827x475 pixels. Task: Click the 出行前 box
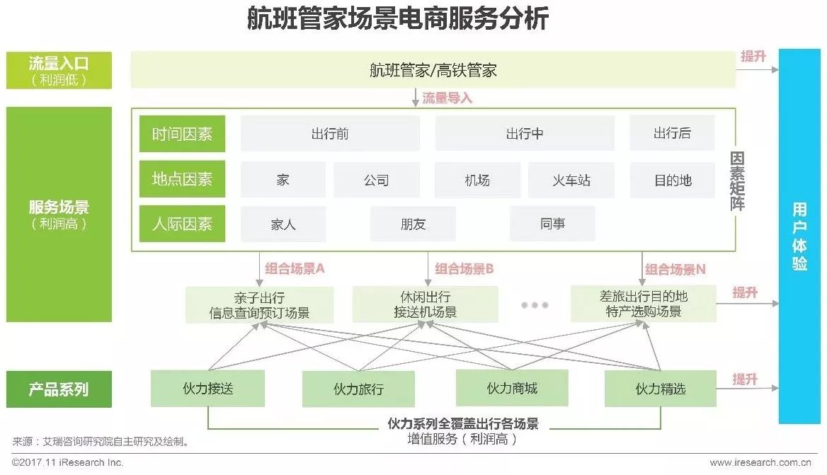pyautogui.click(x=330, y=133)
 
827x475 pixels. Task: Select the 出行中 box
pyautogui.click(x=525, y=133)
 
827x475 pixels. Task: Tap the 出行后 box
pyautogui.click(x=672, y=133)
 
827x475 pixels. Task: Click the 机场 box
pyautogui.click(x=477, y=180)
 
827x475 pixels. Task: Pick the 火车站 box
pyautogui.click(x=571, y=180)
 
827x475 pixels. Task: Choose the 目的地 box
pyautogui.click(x=672, y=180)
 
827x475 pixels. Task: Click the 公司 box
pyautogui.click(x=376, y=180)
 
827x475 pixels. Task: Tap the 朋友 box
pyautogui.click(x=413, y=224)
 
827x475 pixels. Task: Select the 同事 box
pyautogui.click(x=552, y=224)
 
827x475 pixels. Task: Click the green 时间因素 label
pyautogui.click(x=182, y=134)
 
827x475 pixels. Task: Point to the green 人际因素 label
pyautogui.click(x=182, y=224)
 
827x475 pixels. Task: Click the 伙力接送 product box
pyautogui.click(x=207, y=388)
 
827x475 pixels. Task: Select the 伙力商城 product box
pyautogui.click(x=512, y=388)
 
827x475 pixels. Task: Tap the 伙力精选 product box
pyautogui.click(x=660, y=389)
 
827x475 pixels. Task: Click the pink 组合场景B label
pyautogui.click(x=464, y=269)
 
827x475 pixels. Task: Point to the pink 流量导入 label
pyautogui.click(x=447, y=98)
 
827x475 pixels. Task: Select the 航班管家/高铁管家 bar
pyautogui.click(x=433, y=69)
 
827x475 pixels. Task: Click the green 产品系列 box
pyautogui.click(x=59, y=389)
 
